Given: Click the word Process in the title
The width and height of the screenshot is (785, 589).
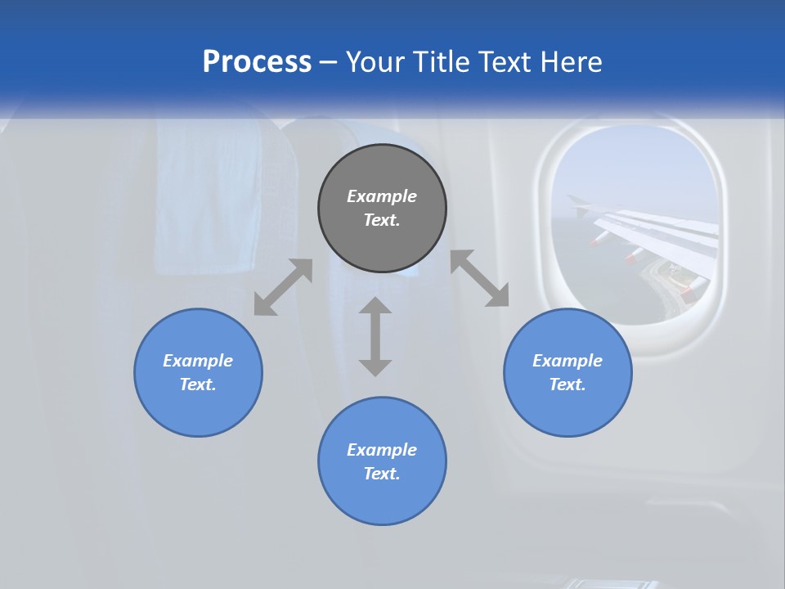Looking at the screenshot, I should [x=257, y=62].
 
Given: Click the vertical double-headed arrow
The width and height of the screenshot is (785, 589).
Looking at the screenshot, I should [x=375, y=336].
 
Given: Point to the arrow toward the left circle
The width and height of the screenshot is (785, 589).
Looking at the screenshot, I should [x=283, y=287].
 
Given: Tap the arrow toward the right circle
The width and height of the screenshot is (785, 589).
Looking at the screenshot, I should [x=480, y=278].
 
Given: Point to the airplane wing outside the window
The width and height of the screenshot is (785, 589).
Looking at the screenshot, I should [x=654, y=233].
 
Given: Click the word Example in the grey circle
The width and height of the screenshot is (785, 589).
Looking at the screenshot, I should [x=382, y=196].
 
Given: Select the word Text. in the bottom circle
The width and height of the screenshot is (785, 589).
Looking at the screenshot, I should [x=382, y=474].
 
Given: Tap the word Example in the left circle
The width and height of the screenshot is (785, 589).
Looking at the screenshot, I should [x=198, y=361].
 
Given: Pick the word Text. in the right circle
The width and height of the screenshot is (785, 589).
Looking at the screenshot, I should [x=567, y=384].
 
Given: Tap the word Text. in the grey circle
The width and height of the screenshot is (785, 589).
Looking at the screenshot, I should [x=382, y=220].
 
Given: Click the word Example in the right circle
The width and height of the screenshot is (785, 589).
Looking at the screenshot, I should [x=567, y=361].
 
